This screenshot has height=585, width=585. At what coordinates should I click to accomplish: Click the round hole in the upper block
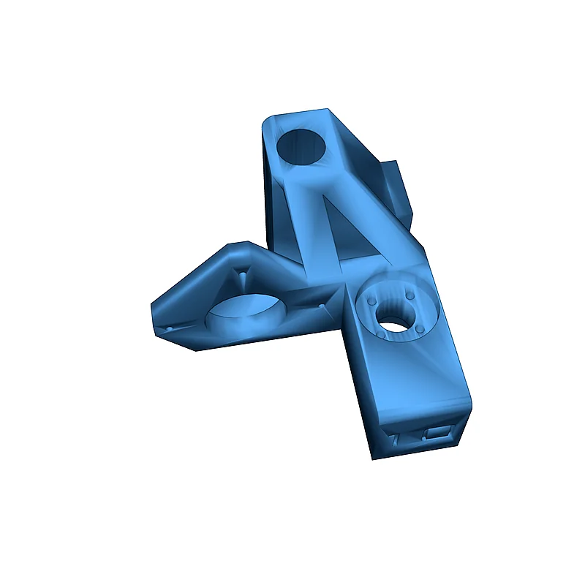(x=301, y=146)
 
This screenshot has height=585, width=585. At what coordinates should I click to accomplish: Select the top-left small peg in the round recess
(x=374, y=301)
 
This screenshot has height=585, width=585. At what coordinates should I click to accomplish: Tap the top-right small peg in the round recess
(x=410, y=295)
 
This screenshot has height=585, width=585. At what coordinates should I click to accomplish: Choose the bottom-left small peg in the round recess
(x=382, y=337)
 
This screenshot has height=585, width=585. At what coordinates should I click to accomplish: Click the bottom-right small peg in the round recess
(x=421, y=330)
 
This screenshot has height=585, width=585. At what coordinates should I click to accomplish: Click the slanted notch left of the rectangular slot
(x=396, y=441)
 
